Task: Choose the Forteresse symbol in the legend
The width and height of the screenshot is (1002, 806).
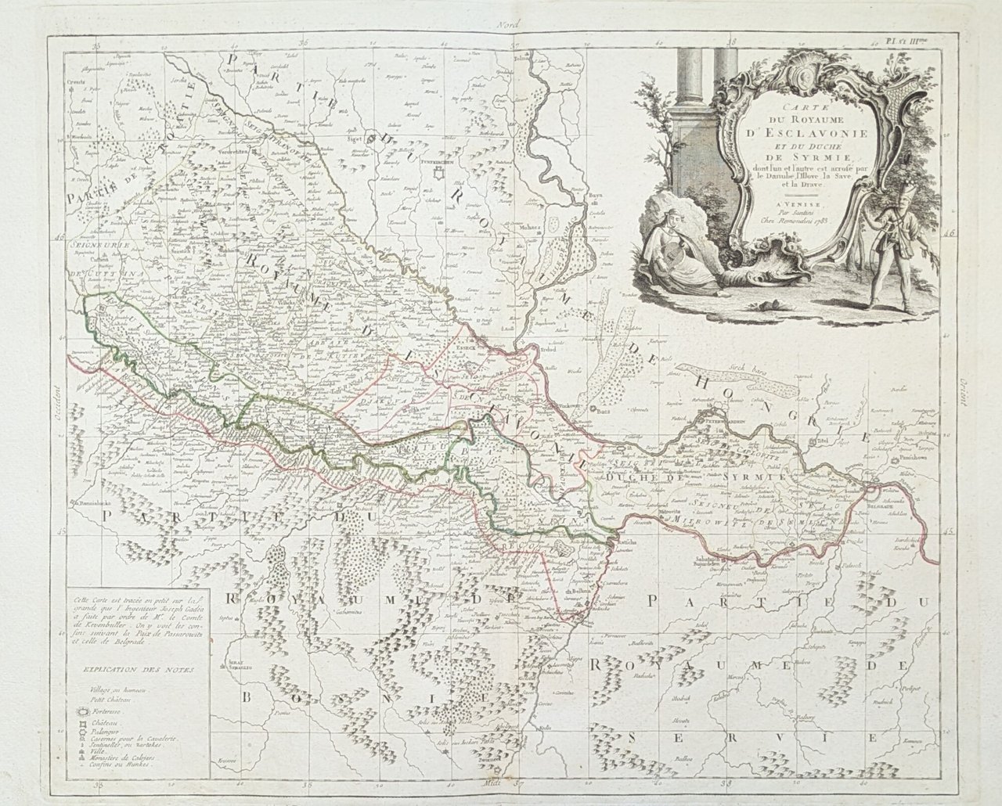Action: [x=81, y=711]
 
